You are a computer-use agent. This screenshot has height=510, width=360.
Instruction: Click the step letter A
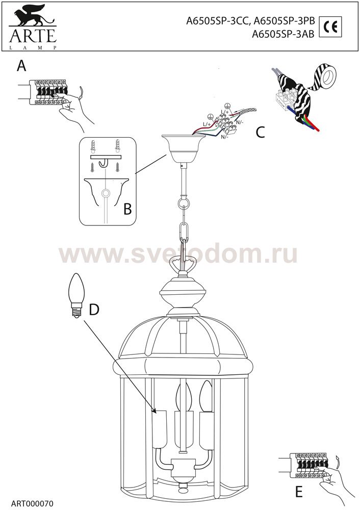tap(21, 66)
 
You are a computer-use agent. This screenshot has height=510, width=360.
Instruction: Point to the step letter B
tap(127, 209)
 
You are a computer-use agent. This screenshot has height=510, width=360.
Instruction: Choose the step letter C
tap(260, 132)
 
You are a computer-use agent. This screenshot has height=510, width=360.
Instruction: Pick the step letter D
tap(94, 310)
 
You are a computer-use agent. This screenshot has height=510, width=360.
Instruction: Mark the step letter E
tap(298, 492)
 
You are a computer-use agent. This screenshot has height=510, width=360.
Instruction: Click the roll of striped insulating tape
tap(325, 77)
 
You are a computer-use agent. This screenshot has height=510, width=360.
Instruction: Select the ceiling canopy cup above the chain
tap(184, 149)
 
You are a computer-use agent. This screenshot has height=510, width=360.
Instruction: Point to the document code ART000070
tap(32, 504)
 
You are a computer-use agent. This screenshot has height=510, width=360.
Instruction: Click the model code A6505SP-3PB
tap(284, 21)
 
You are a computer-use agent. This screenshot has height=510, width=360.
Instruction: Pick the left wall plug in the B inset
tap(93, 147)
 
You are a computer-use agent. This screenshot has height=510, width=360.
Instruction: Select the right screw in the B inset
tap(118, 167)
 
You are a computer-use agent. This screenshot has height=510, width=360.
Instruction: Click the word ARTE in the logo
tap(33, 36)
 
